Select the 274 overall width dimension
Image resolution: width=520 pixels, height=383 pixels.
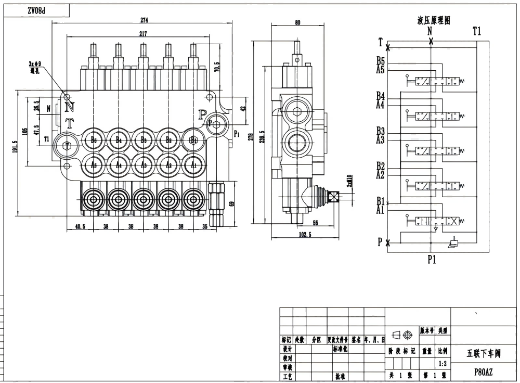[144, 20]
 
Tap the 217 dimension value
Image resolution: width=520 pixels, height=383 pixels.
[143, 34]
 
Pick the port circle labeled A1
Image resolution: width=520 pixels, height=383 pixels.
[193, 165]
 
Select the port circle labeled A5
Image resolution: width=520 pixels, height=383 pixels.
[94, 165]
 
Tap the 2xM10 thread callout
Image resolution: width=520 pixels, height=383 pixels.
[349, 181]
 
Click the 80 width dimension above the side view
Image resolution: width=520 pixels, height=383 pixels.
[297, 22]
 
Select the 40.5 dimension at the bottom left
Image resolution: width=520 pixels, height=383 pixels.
[80, 227]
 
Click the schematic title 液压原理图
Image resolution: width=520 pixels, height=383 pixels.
[433, 20]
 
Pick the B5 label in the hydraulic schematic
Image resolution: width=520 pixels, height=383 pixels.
[381, 61]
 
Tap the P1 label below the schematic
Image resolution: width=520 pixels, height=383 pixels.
[431, 260]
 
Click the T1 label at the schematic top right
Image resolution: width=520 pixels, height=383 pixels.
[476, 31]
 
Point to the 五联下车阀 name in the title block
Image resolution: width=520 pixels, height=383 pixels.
[483, 353]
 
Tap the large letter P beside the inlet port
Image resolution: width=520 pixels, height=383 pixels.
[202, 114]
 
